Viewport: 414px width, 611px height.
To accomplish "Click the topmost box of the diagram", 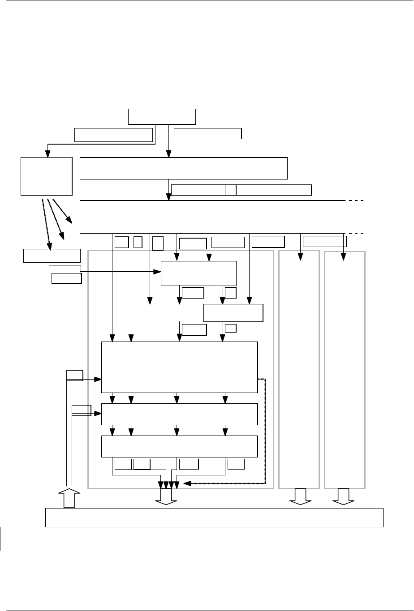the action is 162,116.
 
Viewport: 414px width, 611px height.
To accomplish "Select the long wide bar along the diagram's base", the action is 215,517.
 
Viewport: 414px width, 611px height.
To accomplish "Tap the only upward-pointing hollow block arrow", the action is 69,498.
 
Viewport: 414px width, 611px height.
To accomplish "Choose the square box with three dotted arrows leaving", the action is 47,176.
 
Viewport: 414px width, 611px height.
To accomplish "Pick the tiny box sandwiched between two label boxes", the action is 230,190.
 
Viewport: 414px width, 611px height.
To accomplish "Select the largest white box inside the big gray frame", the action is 180,367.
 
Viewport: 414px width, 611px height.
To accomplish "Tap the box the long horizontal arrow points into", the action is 198,273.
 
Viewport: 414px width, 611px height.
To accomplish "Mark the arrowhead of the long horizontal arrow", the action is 158,271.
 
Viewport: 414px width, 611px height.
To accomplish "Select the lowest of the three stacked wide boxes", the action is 180,446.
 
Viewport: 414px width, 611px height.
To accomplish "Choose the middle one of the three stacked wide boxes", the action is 180,414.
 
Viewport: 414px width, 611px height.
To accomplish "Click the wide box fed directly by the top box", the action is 183,168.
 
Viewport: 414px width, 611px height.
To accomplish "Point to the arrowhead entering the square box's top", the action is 46,154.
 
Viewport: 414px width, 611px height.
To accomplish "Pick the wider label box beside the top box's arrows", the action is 113,135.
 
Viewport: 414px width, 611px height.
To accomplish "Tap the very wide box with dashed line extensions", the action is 212,217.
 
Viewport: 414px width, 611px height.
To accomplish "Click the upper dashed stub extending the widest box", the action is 356,201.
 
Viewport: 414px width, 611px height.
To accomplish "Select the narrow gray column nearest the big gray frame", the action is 299,369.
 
